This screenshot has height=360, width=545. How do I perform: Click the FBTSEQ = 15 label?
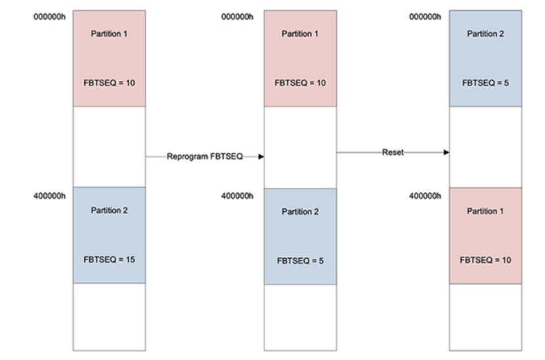coord(109,259)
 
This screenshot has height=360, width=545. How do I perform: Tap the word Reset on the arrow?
coord(393,152)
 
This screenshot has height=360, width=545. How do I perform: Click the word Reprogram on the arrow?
coord(187,156)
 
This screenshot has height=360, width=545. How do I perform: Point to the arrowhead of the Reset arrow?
coord(447,152)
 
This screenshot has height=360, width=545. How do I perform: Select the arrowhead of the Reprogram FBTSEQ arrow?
coord(261,156)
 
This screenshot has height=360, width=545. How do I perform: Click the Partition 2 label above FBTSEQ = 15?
coord(109,210)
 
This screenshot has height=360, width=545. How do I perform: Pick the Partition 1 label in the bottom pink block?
coord(485,211)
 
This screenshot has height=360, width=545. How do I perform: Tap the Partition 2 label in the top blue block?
coord(485,34)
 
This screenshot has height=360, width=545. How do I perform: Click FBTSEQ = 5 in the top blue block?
coord(485,83)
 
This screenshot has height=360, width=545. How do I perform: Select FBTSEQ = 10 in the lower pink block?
coord(485,260)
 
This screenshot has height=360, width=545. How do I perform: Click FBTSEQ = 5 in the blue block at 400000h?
coord(300,261)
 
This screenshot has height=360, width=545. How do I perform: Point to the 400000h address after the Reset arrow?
coord(425,196)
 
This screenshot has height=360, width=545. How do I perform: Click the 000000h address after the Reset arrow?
coord(425,16)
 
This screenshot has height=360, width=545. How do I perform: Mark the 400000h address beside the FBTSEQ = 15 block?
coord(49,196)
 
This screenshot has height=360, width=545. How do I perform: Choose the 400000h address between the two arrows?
coord(237,196)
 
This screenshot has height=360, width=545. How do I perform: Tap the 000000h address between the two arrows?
coord(237,16)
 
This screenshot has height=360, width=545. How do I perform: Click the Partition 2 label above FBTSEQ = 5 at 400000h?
coord(300,212)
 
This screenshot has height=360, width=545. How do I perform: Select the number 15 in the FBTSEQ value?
coord(131,259)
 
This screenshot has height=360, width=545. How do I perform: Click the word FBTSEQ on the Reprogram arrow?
coord(227,156)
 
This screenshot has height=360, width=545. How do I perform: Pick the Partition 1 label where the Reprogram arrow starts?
coord(109,34)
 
